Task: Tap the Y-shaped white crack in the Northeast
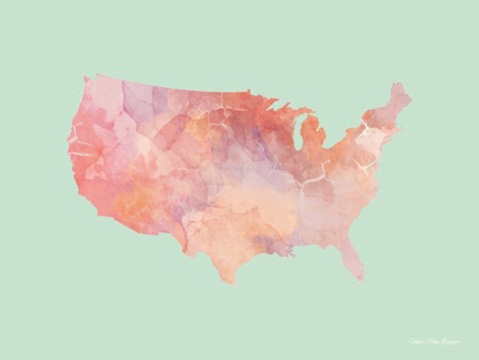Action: pos(371,135)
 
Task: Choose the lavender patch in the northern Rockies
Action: pos(140,100)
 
